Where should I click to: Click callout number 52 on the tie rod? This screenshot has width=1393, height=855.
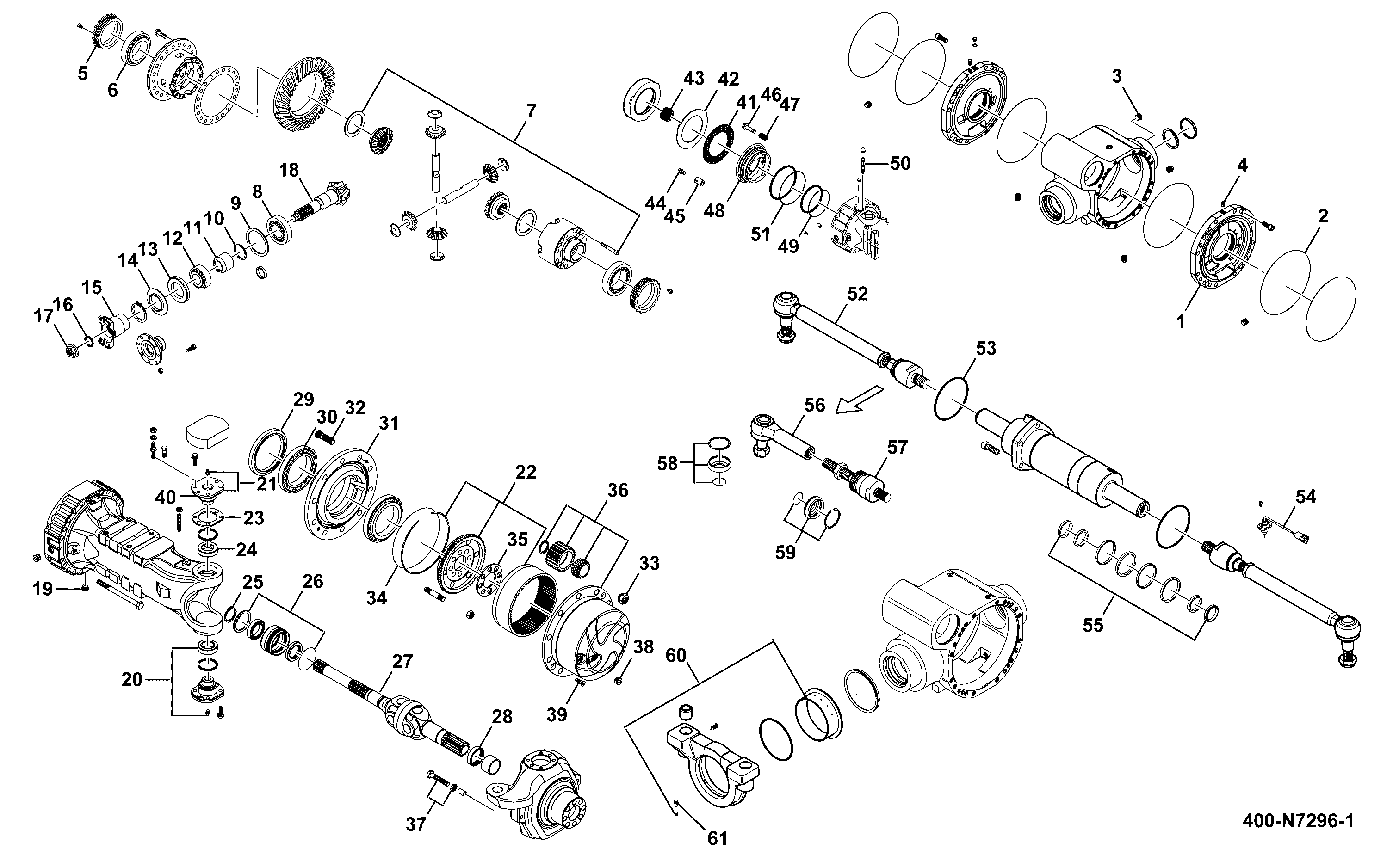857,294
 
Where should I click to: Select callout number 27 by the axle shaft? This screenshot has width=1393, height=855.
402,661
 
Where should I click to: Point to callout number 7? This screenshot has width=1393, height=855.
531,111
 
